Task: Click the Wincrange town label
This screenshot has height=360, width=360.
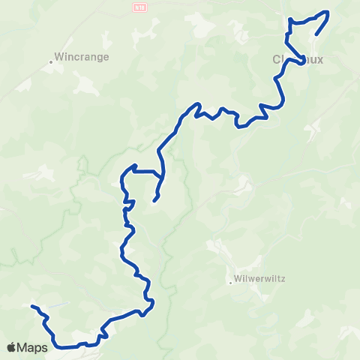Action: coord(83,56)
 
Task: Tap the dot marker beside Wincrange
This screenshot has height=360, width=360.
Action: coord(51,61)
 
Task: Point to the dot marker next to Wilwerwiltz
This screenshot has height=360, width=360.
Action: coord(231,283)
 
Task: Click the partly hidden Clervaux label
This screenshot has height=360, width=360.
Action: coord(298,60)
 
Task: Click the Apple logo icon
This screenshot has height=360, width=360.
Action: coord(13,346)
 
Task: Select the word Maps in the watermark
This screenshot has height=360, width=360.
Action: coord(34,346)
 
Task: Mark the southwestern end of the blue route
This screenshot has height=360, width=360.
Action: coord(32,306)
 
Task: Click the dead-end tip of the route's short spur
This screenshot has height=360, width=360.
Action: coord(154,200)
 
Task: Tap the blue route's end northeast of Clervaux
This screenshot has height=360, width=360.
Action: coord(316,34)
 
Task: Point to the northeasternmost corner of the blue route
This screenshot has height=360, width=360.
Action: coord(328,12)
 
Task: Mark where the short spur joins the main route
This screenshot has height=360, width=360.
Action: coord(160,178)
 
